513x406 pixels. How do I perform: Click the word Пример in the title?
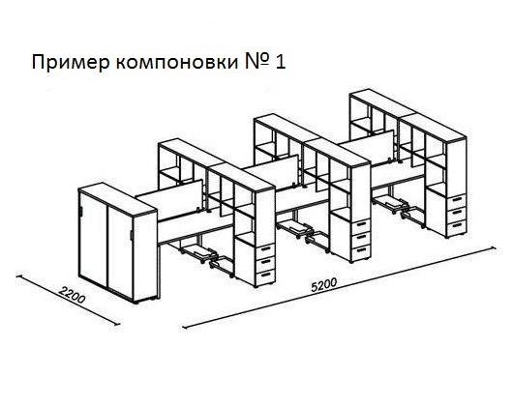[x=71, y=63]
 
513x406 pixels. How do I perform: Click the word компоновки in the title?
[x=177, y=62]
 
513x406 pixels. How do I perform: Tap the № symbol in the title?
[x=257, y=62]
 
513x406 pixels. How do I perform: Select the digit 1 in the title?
[x=281, y=62]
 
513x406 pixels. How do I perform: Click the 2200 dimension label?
[x=72, y=294]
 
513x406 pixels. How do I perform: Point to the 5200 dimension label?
[x=323, y=284]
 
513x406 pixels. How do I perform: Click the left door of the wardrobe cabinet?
[x=93, y=241]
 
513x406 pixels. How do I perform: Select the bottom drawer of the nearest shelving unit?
[x=265, y=277]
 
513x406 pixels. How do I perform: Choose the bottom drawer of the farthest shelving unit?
[x=457, y=227]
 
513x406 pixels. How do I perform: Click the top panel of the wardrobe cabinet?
[x=117, y=198]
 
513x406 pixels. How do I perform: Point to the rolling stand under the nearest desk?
[x=200, y=254]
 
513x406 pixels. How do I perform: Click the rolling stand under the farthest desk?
[x=393, y=205]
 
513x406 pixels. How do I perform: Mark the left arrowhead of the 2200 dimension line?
[x=18, y=276]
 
